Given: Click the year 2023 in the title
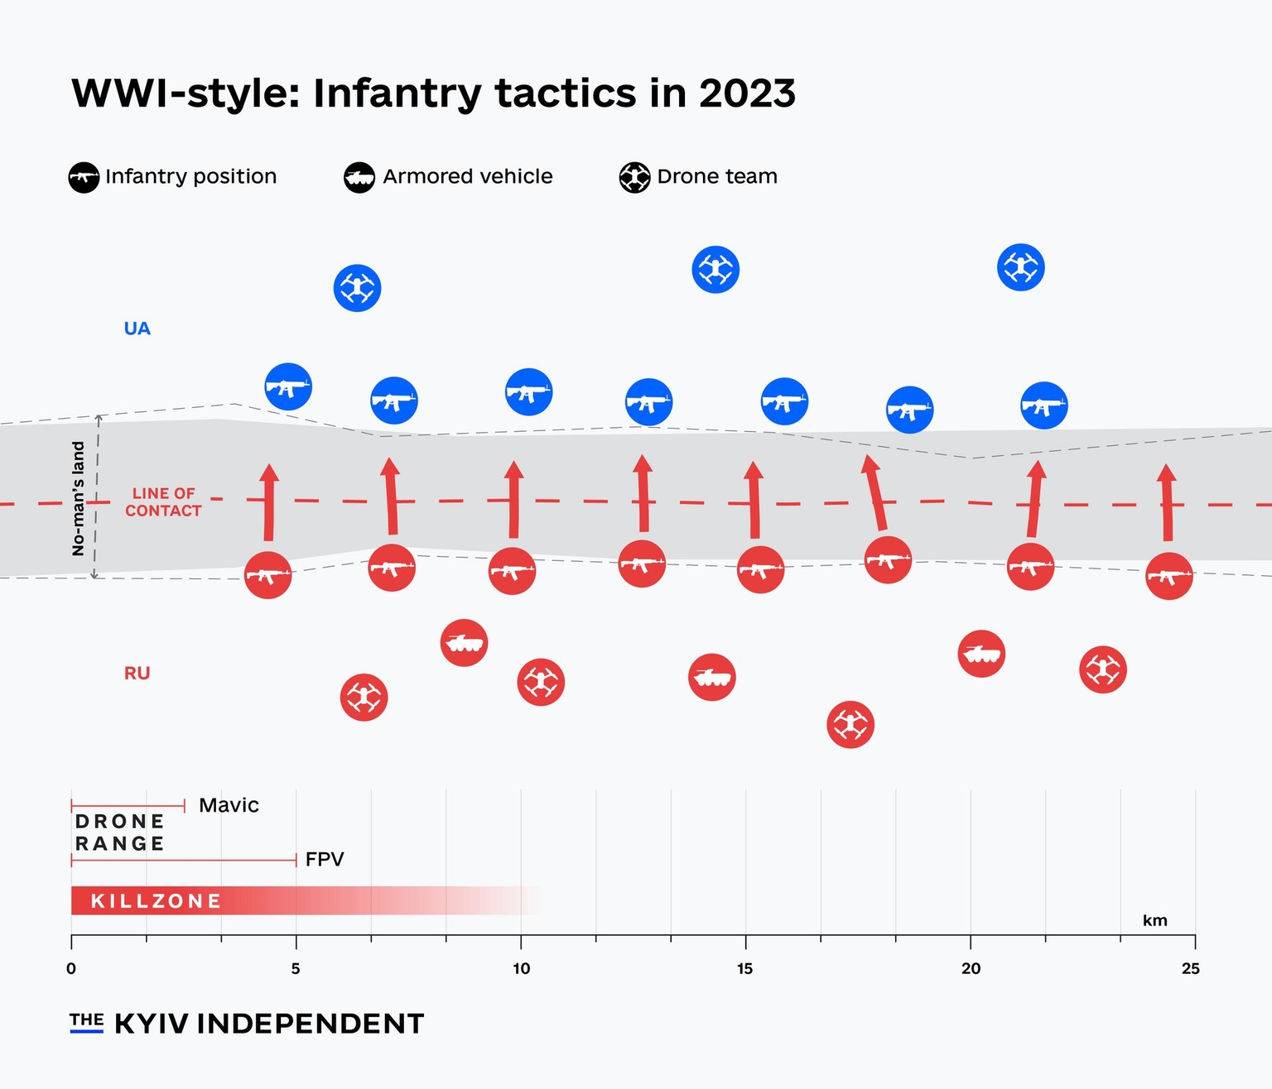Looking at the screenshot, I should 747,93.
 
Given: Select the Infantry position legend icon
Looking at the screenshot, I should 84,177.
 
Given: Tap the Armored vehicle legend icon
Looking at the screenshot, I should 359,177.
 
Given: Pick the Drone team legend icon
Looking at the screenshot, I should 634,177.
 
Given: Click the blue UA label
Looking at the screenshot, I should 137,329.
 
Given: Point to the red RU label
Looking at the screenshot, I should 137,674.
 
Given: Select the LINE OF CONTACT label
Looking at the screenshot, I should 163,502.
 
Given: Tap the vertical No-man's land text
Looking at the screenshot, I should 79,498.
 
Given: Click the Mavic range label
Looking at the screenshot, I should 229,805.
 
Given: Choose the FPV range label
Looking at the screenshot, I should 324,859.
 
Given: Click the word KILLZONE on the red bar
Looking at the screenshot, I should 156,901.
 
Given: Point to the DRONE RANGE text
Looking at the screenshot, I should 120,832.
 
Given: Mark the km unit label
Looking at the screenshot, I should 1154,921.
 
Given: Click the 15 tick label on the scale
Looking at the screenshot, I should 744,969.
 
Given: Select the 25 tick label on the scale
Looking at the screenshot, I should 1190,969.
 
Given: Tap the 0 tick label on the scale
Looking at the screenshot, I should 71,969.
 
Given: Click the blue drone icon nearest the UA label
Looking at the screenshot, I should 357,288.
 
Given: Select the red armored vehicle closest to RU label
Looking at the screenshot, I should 464,642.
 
